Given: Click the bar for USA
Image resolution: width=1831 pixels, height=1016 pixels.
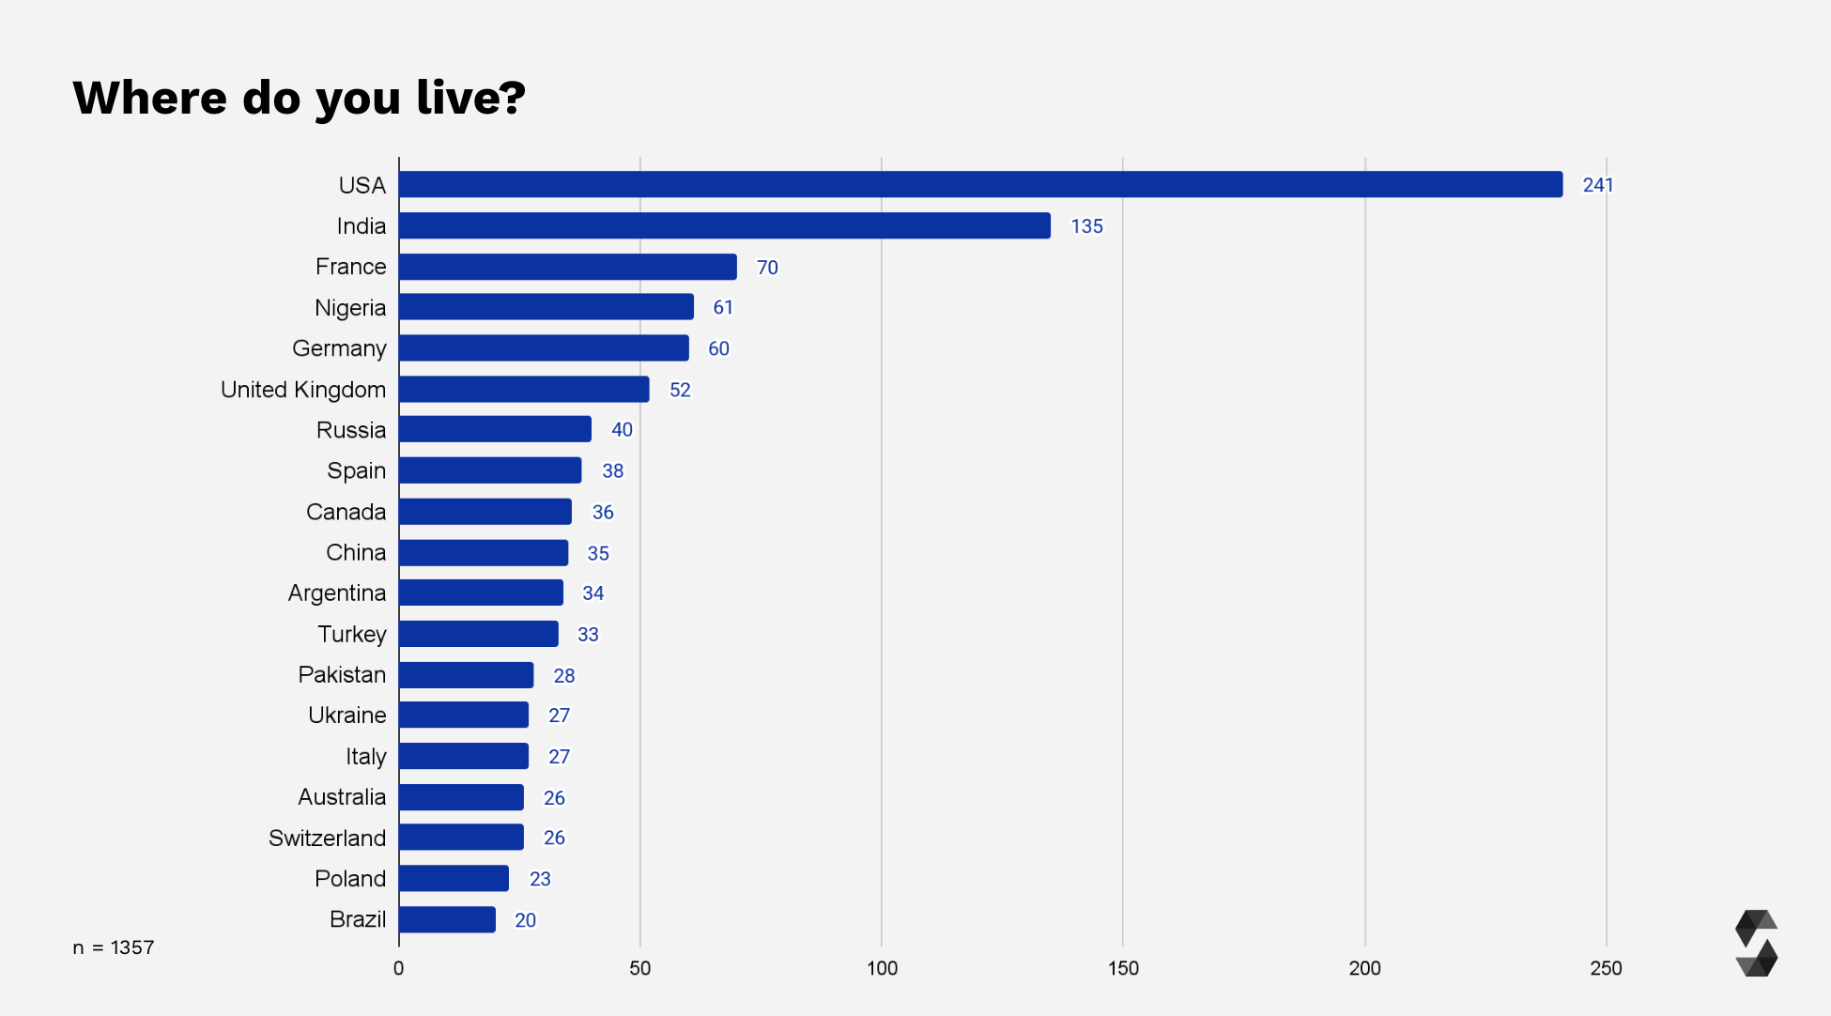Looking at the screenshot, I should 980,184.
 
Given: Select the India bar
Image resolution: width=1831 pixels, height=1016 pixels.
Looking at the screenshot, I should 724,225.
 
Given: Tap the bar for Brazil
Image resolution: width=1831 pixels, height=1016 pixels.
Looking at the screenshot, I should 447,919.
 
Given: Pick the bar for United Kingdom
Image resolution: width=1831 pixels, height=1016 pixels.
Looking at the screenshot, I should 524,389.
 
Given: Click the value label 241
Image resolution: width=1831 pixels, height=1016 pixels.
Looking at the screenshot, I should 1597,185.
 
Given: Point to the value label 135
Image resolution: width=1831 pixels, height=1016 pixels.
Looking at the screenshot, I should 1086,226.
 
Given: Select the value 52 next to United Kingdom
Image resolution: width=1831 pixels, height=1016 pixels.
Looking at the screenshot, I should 680,390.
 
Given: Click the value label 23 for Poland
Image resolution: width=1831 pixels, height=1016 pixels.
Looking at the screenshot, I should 540,879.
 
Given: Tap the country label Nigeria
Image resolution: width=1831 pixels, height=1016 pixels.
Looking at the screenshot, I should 350,308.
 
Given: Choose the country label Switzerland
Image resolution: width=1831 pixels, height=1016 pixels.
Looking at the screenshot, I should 327,838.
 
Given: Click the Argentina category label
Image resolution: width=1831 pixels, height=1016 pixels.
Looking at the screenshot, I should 336,593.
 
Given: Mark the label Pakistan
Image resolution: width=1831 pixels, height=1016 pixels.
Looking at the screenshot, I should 342,674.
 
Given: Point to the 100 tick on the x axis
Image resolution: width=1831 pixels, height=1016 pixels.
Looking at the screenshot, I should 881,968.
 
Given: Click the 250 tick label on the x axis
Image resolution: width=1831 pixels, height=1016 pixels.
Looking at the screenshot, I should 1606,968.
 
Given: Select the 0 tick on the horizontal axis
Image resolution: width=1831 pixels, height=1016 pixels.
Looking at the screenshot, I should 399,968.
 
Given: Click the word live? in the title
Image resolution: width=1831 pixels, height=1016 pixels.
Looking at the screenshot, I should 470,98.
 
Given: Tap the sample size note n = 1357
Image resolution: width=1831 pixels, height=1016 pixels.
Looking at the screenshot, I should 114,947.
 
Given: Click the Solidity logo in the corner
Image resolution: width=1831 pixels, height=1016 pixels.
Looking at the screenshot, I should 1756,943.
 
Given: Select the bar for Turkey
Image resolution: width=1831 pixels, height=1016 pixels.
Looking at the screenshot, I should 479,634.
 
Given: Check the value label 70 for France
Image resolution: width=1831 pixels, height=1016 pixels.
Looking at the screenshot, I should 767,268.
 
